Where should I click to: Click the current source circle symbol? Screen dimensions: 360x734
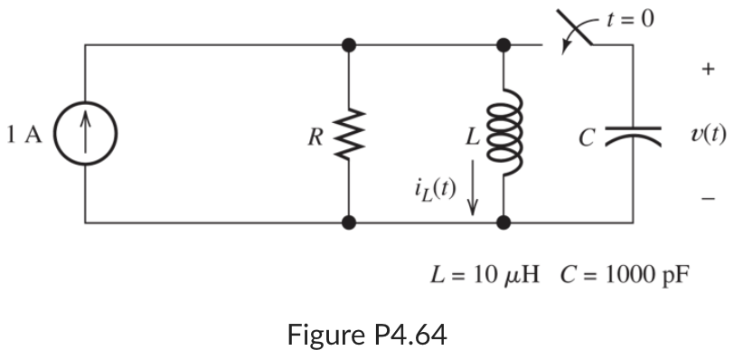pos(85,134)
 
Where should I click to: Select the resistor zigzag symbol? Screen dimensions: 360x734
pos(349,135)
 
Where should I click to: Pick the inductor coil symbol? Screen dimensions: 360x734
pos(503,133)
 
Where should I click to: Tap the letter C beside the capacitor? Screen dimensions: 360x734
pos(588,137)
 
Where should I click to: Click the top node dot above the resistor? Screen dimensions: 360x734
pos(349,43)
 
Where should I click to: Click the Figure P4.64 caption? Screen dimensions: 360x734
pos(366,336)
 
